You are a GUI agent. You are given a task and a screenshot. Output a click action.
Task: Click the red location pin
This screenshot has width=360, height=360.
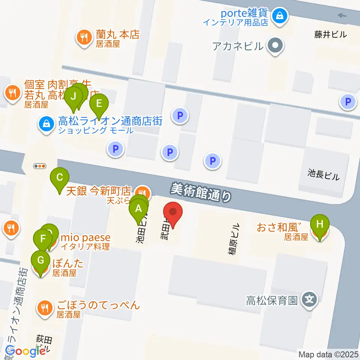click(173, 213)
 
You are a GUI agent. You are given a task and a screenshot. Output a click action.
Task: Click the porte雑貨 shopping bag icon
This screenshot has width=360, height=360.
click(280, 16)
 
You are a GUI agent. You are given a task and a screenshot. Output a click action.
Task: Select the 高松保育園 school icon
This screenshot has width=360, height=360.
click(310, 300)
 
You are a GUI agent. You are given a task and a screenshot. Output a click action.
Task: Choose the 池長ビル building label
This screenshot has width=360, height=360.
click(323, 175)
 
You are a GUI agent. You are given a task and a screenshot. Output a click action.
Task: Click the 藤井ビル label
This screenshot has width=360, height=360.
click(330, 35)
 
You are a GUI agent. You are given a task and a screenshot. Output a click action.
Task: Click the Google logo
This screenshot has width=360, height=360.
click(25, 351)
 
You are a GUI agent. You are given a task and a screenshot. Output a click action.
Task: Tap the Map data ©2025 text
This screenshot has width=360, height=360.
click(328, 354)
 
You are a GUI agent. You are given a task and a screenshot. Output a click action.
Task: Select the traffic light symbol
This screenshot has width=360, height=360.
click(40, 166)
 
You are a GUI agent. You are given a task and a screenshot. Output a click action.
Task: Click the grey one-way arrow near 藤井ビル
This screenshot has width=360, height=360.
click(342, 15)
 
